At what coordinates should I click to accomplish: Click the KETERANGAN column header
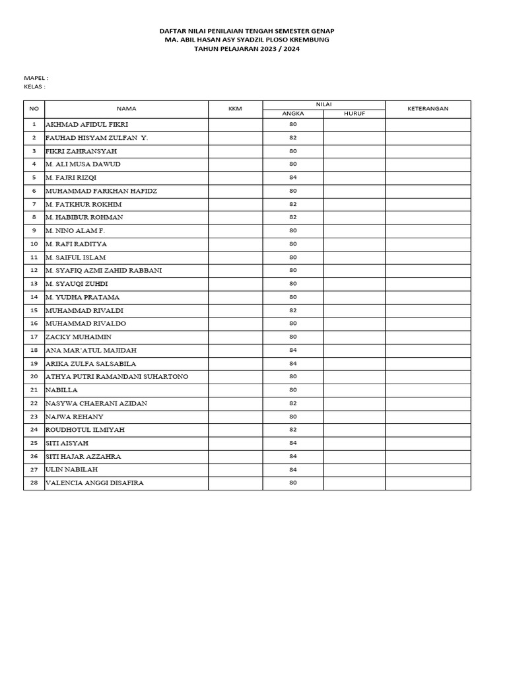[x=428, y=109]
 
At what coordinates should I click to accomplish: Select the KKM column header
[x=235, y=109]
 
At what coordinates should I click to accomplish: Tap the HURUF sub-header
[x=355, y=114]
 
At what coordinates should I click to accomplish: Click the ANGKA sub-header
[x=293, y=114]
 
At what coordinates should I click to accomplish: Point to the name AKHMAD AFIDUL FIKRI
[x=86, y=124]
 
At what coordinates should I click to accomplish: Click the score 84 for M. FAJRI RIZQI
[x=293, y=177]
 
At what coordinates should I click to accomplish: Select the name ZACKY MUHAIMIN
[x=79, y=337]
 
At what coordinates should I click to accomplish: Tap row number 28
[x=34, y=483]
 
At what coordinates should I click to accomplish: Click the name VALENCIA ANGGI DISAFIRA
[x=94, y=483]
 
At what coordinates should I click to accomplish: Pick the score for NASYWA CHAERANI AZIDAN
[x=293, y=403]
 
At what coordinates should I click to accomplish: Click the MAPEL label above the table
[x=36, y=78]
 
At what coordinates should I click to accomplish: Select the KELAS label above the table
[x=34, y=86]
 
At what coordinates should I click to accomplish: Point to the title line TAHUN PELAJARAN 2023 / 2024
[x=247, y=49]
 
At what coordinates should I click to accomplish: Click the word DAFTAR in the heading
[x=174, y=31]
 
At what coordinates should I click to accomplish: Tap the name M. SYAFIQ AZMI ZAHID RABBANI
[x=104, y=270]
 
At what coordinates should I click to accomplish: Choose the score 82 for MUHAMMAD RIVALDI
[x=293, y=310]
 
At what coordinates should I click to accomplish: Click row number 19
[x=34, y=363]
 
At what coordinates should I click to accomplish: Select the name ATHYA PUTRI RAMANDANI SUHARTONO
[x=117, y=376]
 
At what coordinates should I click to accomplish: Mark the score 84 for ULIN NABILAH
[x=293, y=469]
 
